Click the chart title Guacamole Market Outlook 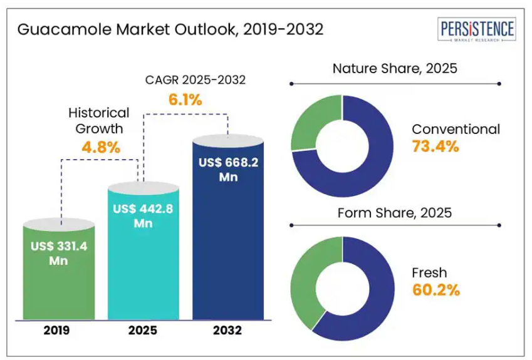[x=170, y=29]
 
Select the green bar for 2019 [x=60, y=275]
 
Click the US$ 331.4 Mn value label [x=59, y=253]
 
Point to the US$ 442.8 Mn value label [x=143, y=216]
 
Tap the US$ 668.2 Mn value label [x=228, y=170]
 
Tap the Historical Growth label [x=99, y=121]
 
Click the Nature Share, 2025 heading [x=395, y=69]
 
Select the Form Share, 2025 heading [x=395, y=213]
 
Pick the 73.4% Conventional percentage [x=436, y=147]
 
